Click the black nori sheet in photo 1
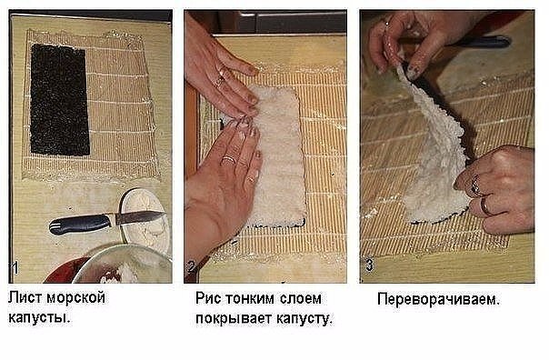tap(60, 99)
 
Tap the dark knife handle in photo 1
tap(80, 224)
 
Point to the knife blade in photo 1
tap(139, 217)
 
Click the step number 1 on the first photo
tap(15, 268)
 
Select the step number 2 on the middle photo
tap(191, 267)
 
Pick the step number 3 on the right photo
tap(369, 265)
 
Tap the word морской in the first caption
tap(76, 297)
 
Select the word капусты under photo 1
tap(39, 318)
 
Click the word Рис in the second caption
tap(208, 299)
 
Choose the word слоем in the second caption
tap(301, 299)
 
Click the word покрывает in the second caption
tap(234, 319)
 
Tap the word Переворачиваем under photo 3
tap(438, 299)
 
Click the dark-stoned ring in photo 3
tap(475, 185)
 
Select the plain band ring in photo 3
tap(485, 206)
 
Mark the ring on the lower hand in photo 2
tap(229, 159)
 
